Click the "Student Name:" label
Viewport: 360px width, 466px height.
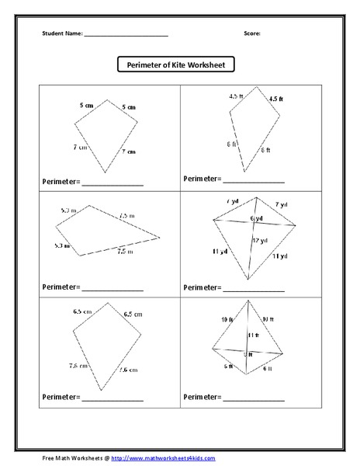[x=61, y=34]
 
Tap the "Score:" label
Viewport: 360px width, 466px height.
[x=251, y=34]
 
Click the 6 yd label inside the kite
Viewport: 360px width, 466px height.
[x=257, y=218]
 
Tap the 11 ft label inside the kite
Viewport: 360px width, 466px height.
[x=252, y=335]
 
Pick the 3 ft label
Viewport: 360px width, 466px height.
[x=247, y=355]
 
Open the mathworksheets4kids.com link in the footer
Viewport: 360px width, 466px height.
[x=163, y=457]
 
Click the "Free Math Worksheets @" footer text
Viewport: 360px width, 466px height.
[x=74, y=457]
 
